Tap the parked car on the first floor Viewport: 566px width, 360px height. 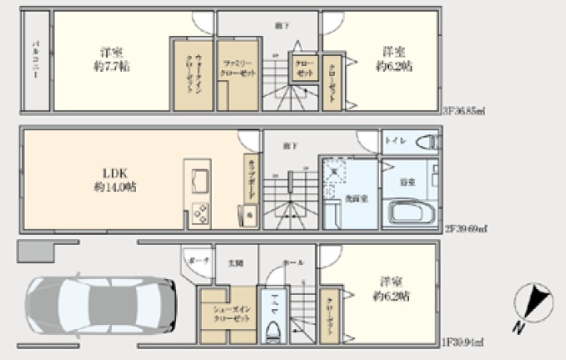pyautogui.click(x=99, y=303)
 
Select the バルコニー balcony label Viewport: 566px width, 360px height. pyautogui.click(x=37, y=61)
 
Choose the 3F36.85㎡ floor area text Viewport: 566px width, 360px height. pyautogui.click(x=465, y=109)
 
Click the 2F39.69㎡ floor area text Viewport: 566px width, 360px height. pyautogui.click(x=465, y=228)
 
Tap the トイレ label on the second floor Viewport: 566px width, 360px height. pyautogui.click(x=395, y=140)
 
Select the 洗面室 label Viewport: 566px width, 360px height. pyautogui.click(x=351, y=197)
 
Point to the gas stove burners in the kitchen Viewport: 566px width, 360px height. pyautogui.click(x=202, y=212)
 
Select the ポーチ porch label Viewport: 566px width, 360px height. pyautogui.click(x=197, y=262)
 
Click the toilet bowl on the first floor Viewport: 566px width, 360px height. pyautogui.click(x=272, y=327)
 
